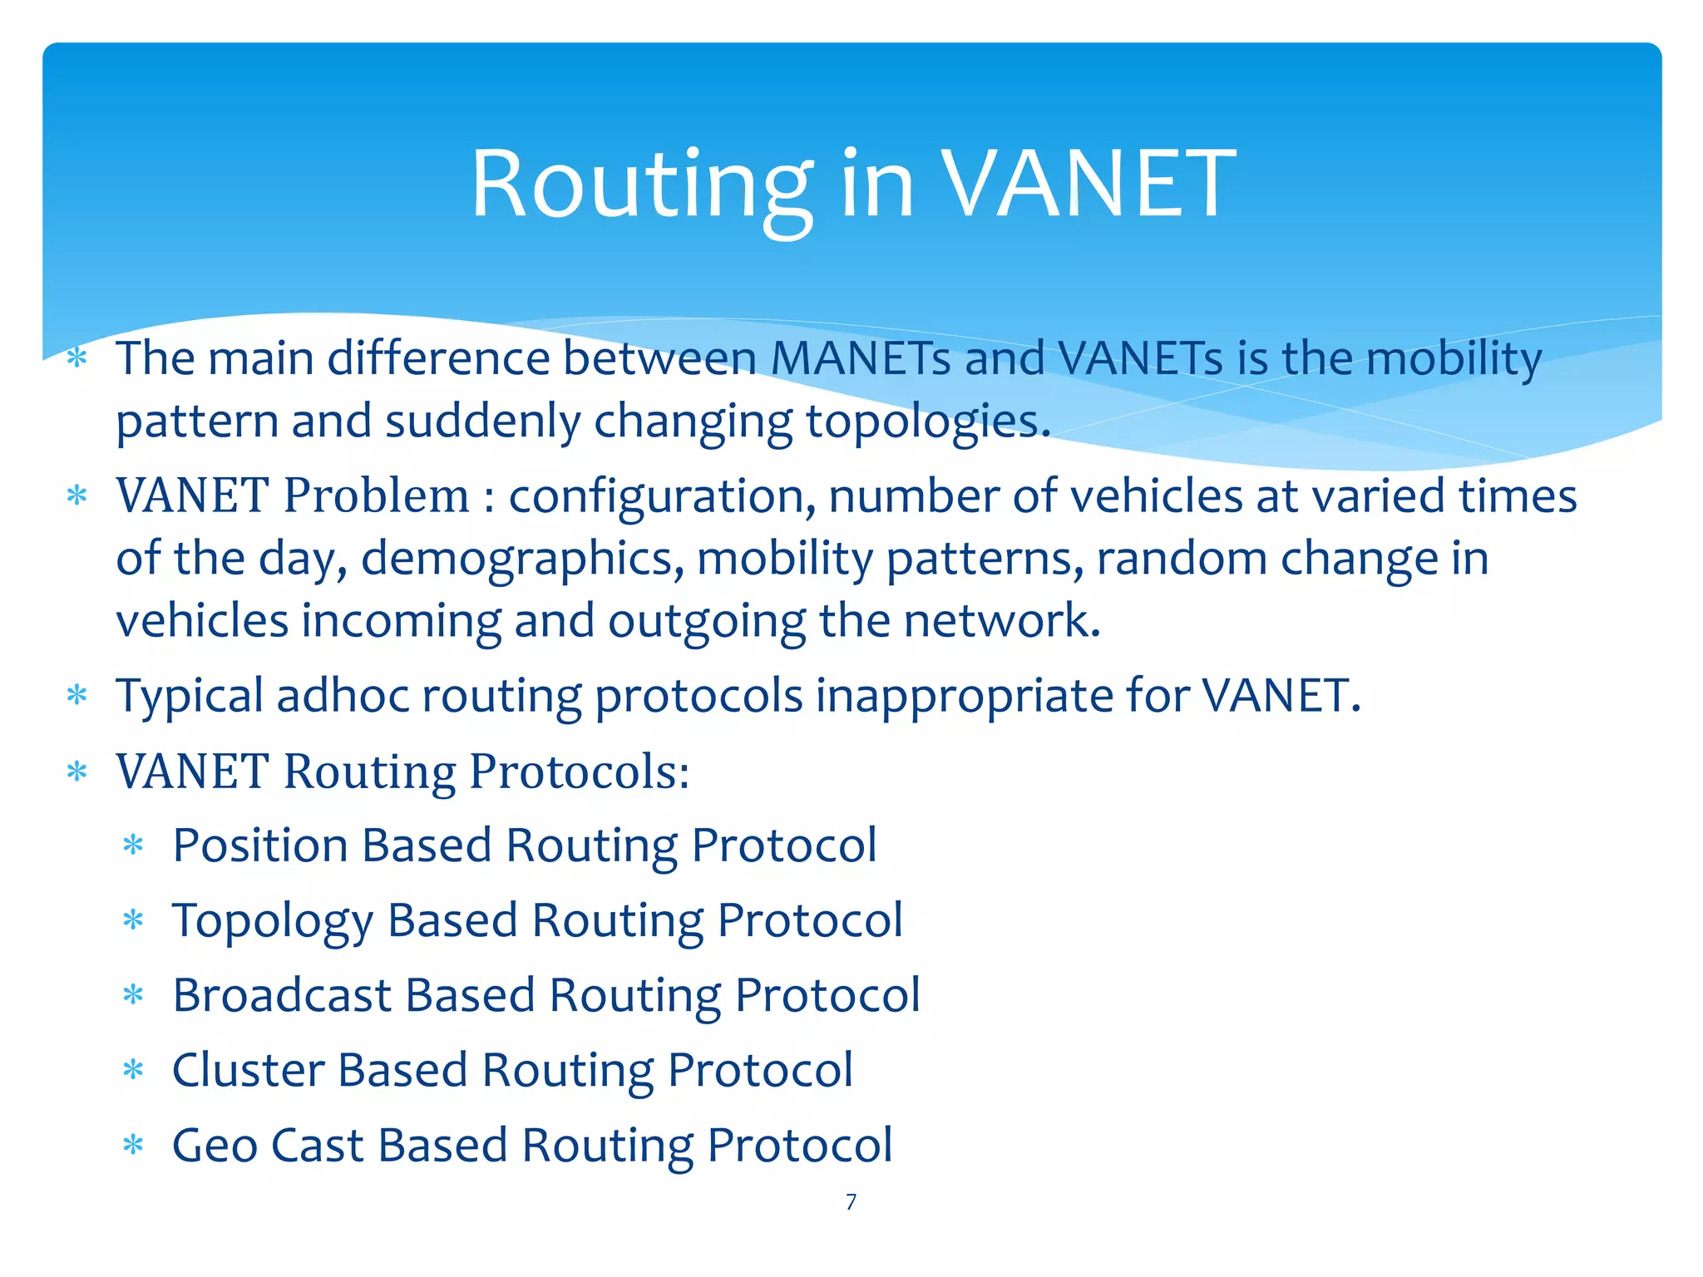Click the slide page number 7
(x=851, y=1201)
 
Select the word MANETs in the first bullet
(x=860, y=359)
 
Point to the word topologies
(x=927, y=422)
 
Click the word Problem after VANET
(x=377, y=496)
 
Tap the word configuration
(x=662, y=496)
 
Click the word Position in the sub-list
(x=260, y=846)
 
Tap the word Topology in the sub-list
(x=273, y=921)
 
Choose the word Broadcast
(x=282, y=995)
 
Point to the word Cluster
(x=248, y=1070)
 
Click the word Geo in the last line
(x=214, y=1146)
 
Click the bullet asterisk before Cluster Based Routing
(x=133, y=1069)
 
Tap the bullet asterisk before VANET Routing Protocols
(x=77, y=771)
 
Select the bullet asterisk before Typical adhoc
(x=77, y=694)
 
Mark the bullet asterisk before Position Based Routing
(x=133, y=846)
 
